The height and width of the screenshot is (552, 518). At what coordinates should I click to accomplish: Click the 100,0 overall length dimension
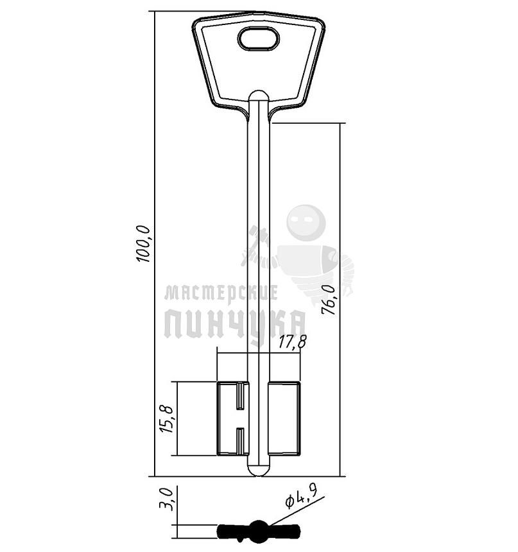(x=143, y=244)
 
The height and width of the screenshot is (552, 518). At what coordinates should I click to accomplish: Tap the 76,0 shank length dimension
(x=328, y=299)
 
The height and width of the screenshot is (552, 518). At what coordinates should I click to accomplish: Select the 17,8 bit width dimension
(x=293, y=341)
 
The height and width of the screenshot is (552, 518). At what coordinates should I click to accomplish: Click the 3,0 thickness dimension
(x=166, y=499)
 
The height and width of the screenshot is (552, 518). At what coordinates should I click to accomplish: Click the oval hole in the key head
(x=259, y=39)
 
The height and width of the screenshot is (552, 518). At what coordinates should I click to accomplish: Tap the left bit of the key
(x=233, y=418)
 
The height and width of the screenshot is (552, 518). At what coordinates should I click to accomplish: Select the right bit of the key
(x=284, y=418)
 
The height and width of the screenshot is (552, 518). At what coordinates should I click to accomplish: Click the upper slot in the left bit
(x=240, y=397)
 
